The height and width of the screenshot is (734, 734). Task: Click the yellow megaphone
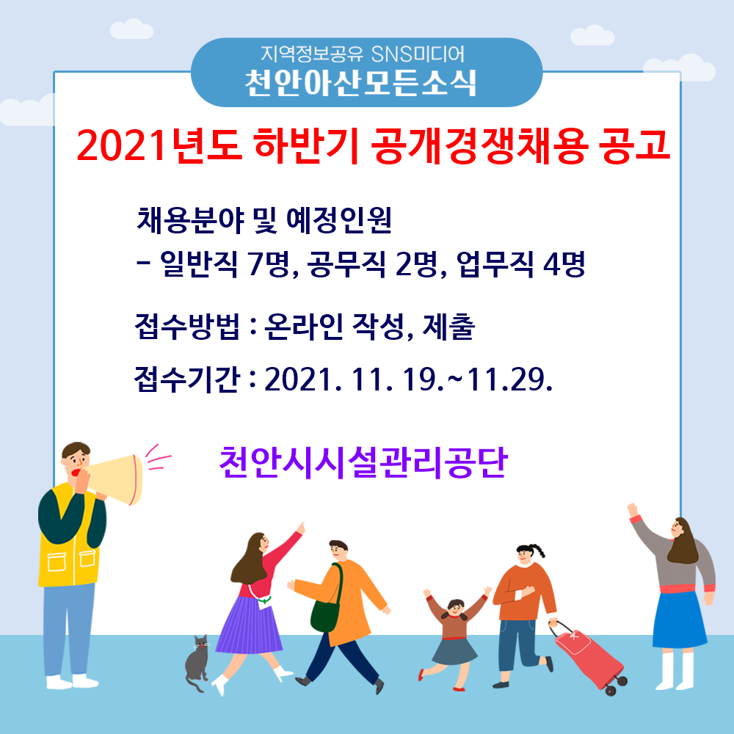click(x=115, y=479)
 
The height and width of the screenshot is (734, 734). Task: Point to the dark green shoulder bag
click(x=325, y=609)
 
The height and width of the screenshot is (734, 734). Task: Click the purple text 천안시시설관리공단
click(x=363, y=462)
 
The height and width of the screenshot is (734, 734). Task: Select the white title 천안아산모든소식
click(x=360, y=83)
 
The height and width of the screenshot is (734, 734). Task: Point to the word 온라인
click(x=304, y=327)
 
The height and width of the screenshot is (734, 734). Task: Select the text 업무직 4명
click(x=520, y=264)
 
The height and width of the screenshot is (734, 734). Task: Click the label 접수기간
click(x=187, y=379)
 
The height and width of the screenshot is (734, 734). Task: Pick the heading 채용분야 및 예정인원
click(x=264, y=220)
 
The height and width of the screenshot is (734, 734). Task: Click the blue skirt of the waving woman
click(x=679, y=619)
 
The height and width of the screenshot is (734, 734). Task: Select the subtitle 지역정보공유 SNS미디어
click(x=363, y=54)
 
